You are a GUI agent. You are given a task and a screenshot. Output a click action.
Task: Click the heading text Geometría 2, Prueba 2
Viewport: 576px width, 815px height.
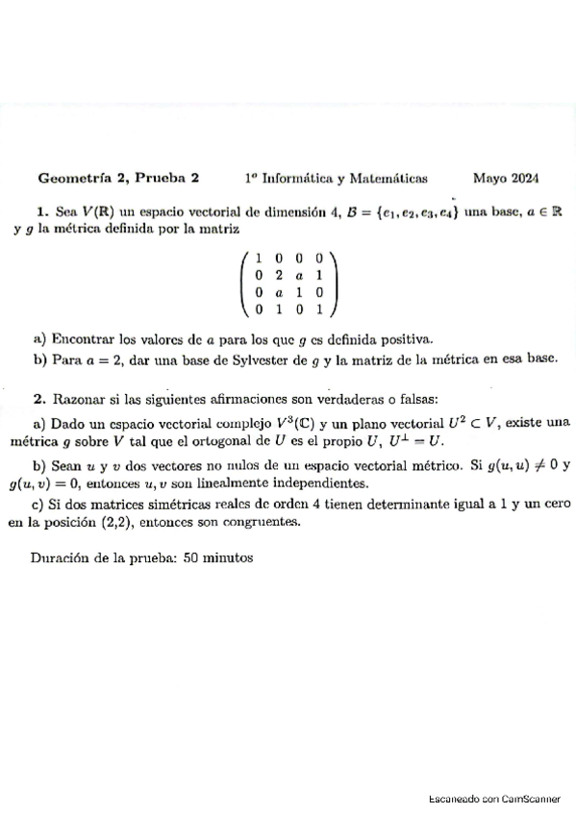tap(117, 178)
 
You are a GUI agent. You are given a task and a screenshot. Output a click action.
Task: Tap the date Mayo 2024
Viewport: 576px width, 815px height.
tap(506, 178)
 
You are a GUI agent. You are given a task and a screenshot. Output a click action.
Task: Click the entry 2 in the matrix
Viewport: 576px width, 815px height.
tap(277, 275)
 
